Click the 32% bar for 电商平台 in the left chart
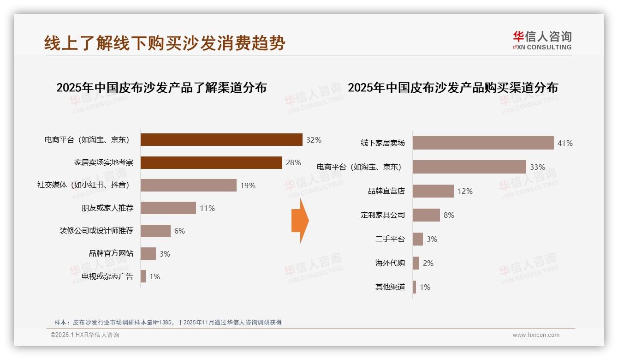coord(221,140)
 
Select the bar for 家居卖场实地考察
coord(211,162)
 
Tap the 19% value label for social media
coord(248,186)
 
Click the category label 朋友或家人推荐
coord(107,208)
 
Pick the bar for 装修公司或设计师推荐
coord(155,231)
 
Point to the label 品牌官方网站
coord(111,253)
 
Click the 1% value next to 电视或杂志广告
coord(154,276)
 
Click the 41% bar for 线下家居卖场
coord(483,143)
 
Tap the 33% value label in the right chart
coord(537,167)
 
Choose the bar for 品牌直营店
coord(433,191)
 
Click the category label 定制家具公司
coord(383,215)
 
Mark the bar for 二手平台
coord(418,239)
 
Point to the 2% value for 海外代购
coord(428,263)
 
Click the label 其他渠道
coord(390,287)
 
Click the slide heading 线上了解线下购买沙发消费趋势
coord(165,43)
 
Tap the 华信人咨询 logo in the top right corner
coord(542,40)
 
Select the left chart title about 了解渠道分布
coord(161,88)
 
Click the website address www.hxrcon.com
coord(536,335)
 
